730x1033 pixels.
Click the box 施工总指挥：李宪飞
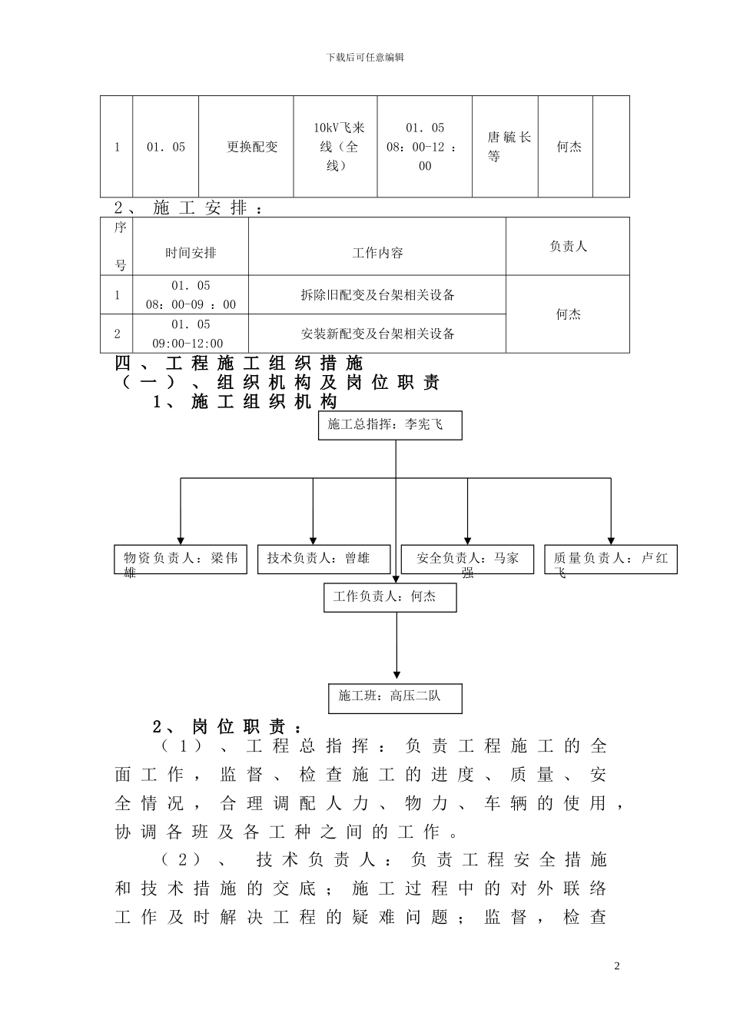tap(390, 425)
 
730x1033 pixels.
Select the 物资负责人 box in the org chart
tap(181, 559)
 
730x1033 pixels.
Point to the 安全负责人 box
tap(467, 559)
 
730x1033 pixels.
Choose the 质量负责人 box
tap(611, 559)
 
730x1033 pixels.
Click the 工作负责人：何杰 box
tap(390, 597)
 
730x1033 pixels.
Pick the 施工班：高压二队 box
tap(395, 697)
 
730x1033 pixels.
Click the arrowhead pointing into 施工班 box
tap(397, 674)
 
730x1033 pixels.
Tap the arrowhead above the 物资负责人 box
tap(181, 540)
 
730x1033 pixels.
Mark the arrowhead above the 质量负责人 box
tap(611, 540)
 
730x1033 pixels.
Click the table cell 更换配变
tap(252, 147)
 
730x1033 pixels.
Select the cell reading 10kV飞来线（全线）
tap(335, 147)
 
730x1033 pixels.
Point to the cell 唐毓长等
tap(505, 147)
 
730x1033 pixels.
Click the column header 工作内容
tap(377, 253)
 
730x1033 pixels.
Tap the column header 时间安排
tap(191, 253)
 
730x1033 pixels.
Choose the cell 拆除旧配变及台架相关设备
tap(377, 295)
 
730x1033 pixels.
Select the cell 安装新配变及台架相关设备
tap(377, 334)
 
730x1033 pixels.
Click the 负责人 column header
tap(568, 247)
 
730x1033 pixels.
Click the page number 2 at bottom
tap(616, 966)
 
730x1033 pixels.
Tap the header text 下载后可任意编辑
tap(365, 58)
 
